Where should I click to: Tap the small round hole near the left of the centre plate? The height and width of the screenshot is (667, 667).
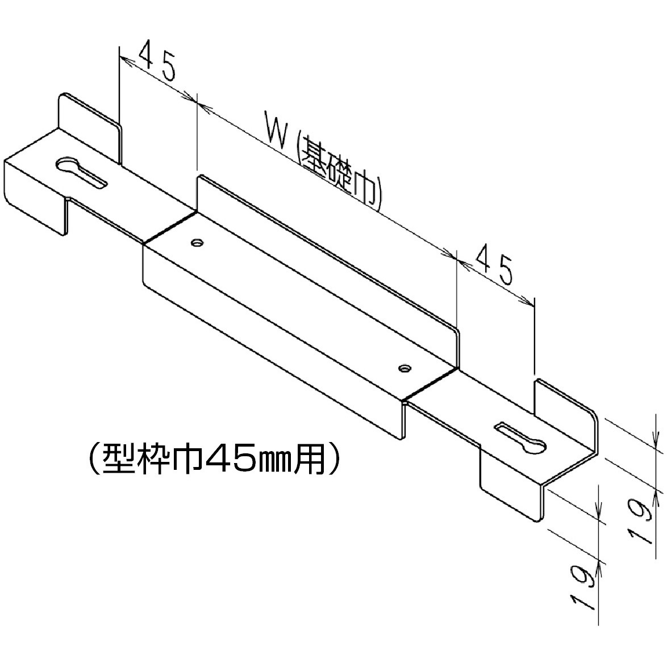coord(197,243)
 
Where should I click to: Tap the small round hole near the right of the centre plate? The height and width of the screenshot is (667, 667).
coord(404,368)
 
